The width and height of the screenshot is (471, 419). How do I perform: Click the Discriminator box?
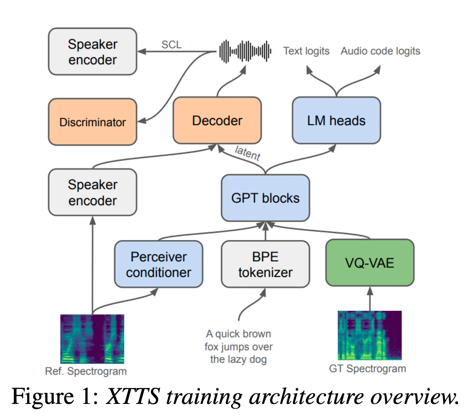pos(92,122)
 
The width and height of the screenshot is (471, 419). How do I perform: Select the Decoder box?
pos(217,121)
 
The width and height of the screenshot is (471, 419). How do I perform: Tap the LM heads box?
pos(336,121)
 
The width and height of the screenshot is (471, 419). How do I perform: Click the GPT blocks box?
pos(265,198)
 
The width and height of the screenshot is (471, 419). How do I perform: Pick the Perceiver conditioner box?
pos(158,264)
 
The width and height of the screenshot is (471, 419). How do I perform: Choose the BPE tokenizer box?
pos(265,264)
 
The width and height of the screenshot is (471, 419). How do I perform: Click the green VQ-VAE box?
pos(369,263)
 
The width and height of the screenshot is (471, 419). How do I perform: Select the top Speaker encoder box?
pos(92,52)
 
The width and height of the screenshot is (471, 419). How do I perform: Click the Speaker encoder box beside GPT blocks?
pos(92,193)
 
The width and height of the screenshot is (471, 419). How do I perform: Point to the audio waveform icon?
pos(245,51)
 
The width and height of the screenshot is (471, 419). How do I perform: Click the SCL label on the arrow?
pos(171,45)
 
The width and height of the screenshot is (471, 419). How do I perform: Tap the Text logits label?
pos(306,51)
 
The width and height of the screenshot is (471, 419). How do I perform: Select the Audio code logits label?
pos(380,51)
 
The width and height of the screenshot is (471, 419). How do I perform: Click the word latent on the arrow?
pos(248,153)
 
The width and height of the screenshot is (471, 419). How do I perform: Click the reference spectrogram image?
pos(92,339)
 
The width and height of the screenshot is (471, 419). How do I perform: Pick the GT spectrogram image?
pos(369,336)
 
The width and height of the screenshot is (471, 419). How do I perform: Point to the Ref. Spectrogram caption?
pos(86,371)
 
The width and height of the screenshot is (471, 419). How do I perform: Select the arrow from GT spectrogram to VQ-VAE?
pos(370,299)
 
